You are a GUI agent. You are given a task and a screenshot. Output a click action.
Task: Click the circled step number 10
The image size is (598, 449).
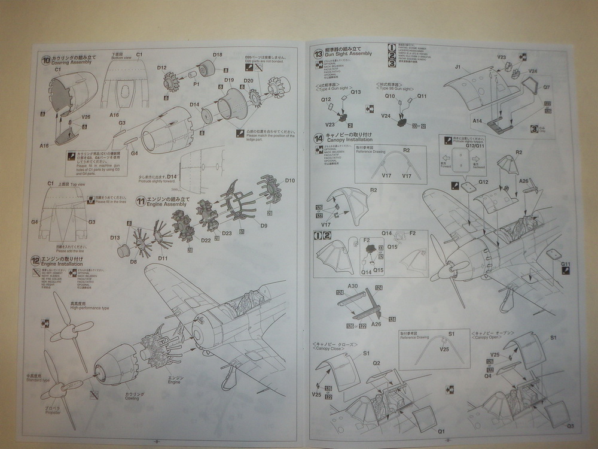(45, 59)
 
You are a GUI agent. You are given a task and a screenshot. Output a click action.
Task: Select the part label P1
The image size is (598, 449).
(196, 84)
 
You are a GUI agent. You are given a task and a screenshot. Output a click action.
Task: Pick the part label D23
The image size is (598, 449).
(227, 233)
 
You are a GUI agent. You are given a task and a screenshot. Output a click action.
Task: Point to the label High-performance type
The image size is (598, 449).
(90, 308)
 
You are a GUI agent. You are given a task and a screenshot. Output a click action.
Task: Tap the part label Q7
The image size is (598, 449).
(547, 87)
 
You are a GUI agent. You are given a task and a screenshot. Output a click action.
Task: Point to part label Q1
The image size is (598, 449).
(442, 431)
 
